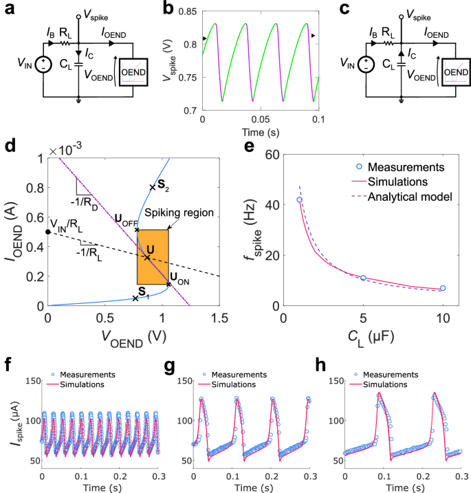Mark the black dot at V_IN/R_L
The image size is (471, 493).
click(x=47, y=232)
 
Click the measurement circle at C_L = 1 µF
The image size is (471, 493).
click(x=299, y=199)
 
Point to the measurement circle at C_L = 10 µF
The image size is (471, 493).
click(x=443, y=288)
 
